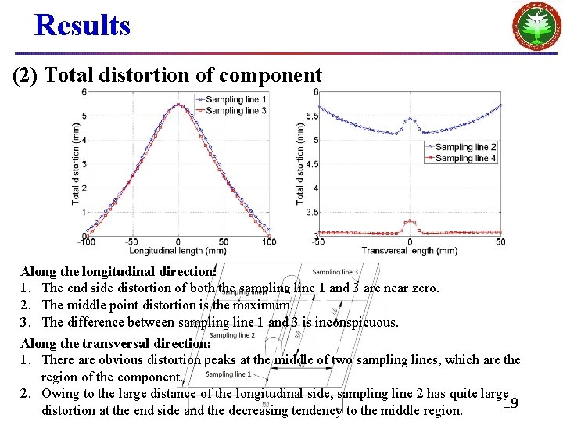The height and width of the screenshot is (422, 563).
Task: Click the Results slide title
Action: click(x=82, y=26)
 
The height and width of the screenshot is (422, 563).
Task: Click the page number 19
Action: click(x=511, y=403)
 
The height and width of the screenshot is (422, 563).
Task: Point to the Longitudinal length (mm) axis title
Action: click(x=179, y=252)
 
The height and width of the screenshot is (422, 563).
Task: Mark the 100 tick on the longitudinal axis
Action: click(x=269, y=242)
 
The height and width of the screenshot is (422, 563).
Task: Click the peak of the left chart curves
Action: click(x=179, y=105)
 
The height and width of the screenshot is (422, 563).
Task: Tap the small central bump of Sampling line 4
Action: click(x=410, y=222)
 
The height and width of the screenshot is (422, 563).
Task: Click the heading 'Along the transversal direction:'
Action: click(x=116, y=342)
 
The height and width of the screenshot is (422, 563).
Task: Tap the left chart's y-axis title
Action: click(x=76, y=163)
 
